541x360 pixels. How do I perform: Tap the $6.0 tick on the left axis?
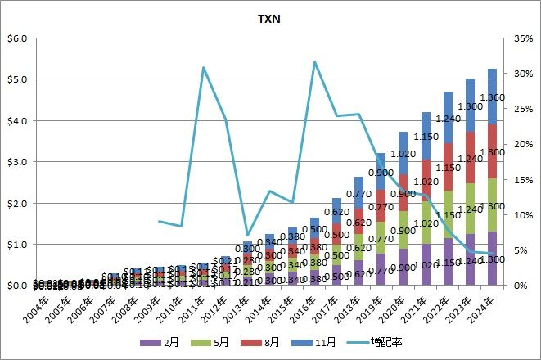17,38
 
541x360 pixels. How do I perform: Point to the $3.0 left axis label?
17,162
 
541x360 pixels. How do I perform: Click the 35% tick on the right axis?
524,38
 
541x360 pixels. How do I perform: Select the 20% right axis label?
524,144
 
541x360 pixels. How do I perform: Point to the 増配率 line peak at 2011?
203,67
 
